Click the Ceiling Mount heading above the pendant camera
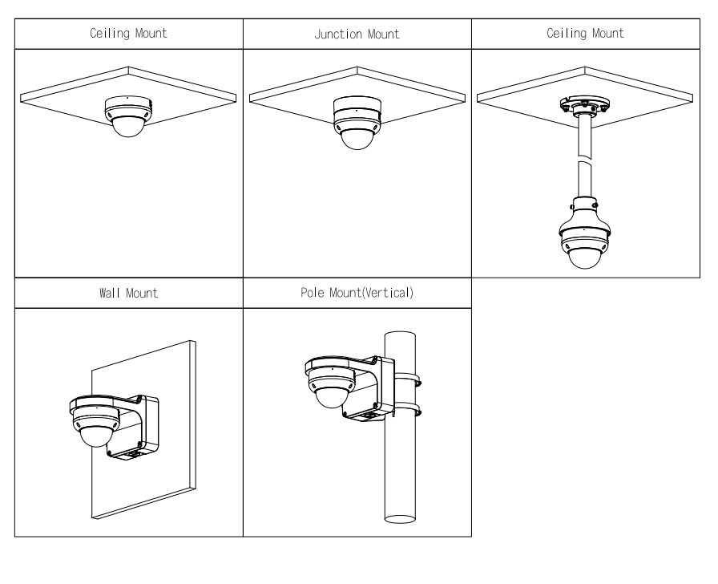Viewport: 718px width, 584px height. pos(586,34)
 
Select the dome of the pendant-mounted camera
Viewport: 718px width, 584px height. pos(585,255)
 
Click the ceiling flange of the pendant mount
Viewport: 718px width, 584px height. pos(585,104)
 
